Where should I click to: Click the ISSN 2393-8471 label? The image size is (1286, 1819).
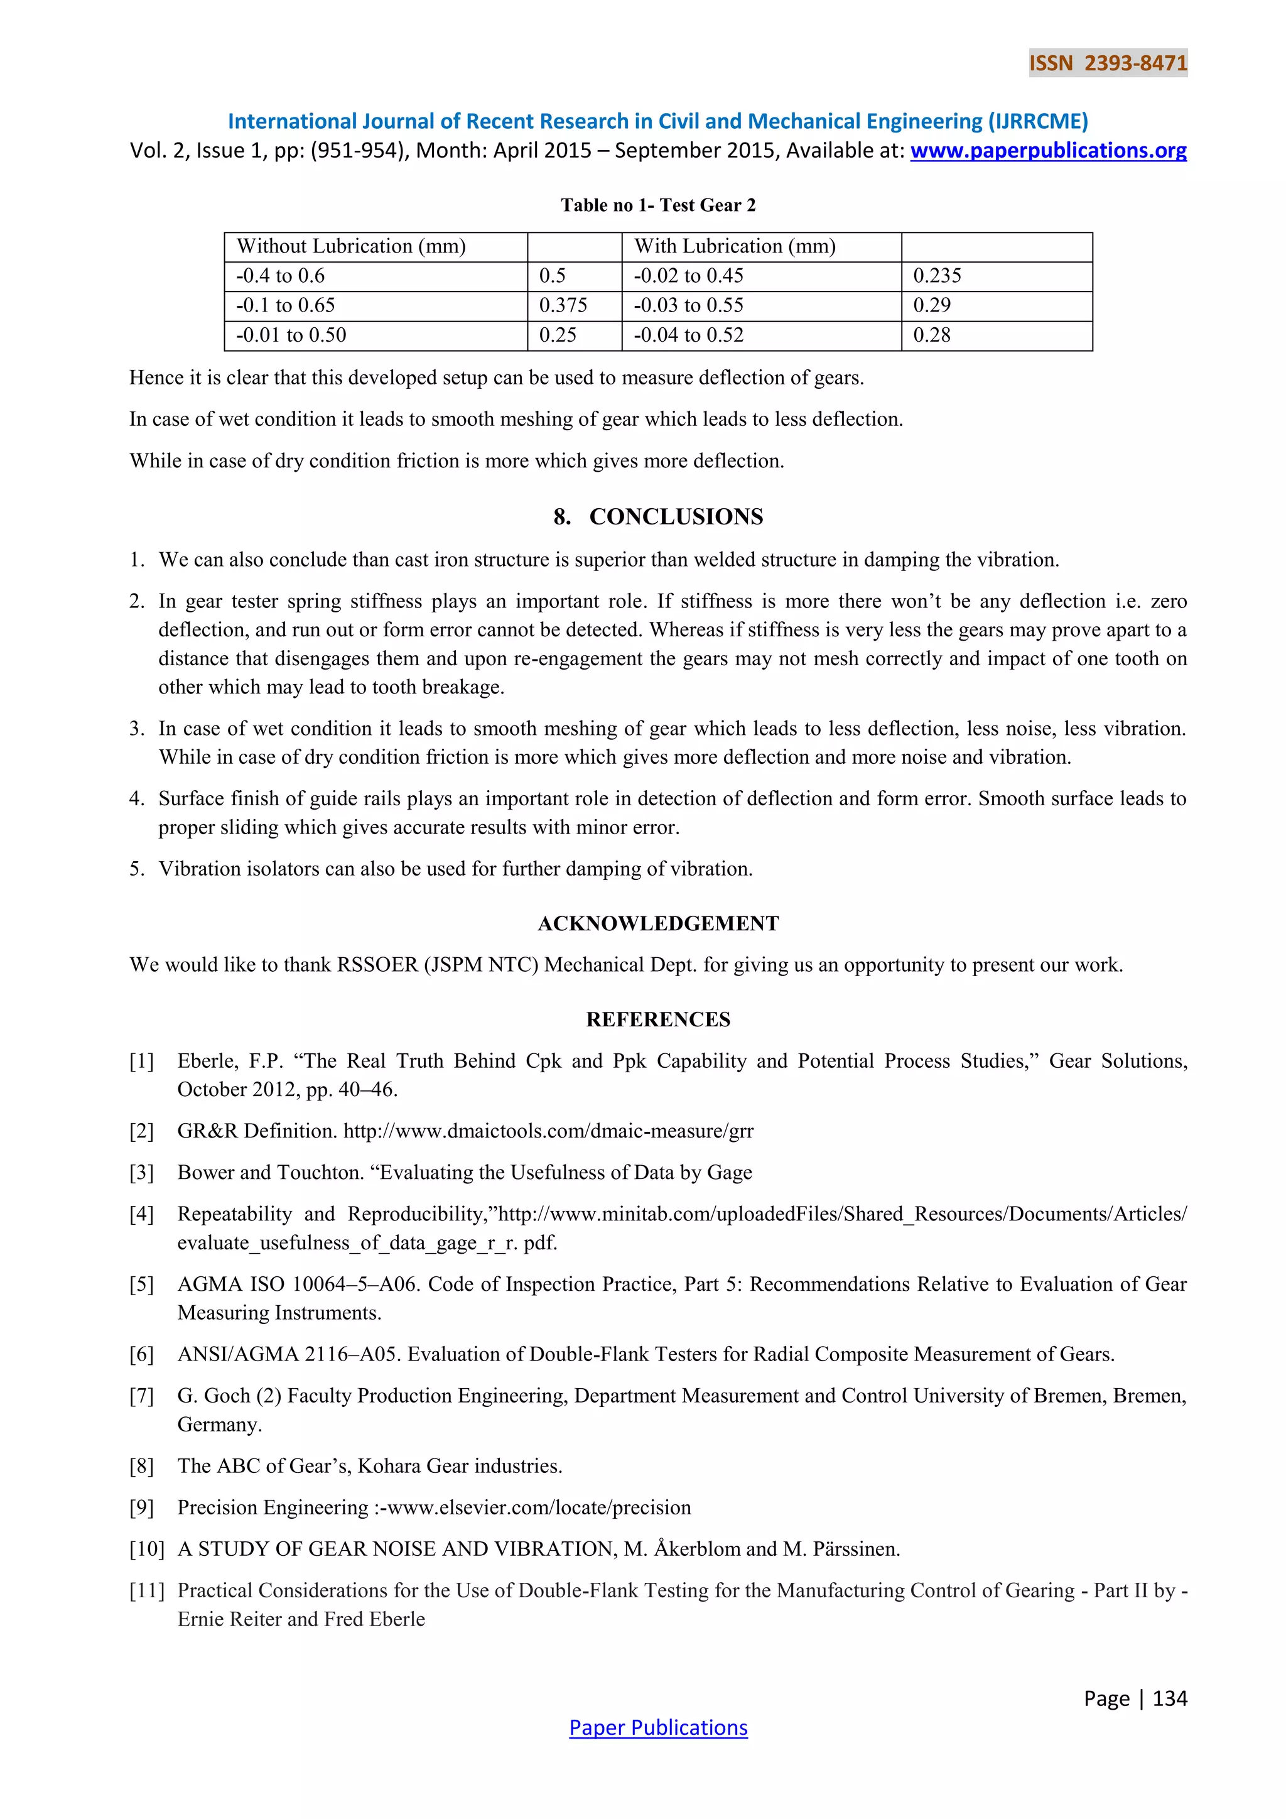1108,63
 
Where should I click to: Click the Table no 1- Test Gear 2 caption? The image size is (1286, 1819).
658,205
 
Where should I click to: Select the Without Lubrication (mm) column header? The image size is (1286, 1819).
351,246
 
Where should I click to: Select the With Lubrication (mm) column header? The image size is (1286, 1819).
734,246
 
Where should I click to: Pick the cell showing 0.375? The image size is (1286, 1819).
563,306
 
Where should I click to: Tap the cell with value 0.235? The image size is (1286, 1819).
937,276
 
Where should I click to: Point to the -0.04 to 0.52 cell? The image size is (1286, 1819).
688,335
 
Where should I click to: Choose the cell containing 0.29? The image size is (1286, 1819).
931,306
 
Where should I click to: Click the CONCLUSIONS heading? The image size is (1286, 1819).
658,516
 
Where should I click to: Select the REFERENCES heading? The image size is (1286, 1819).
658,1019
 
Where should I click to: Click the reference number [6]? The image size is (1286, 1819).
142,1354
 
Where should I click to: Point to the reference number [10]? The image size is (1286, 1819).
146,1548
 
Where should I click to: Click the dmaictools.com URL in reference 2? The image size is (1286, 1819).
548,1131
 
